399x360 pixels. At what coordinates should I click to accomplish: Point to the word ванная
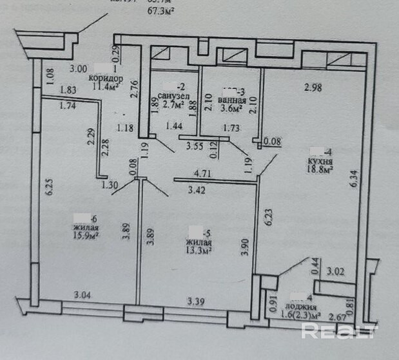pos(231,100)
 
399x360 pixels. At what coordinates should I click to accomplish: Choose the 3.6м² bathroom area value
pos(231,109)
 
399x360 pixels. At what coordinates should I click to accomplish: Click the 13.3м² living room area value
pos(197,250)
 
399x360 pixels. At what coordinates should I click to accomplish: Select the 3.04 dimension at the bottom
pos(82,296)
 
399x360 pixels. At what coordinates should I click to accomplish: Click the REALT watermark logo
pos(339,332)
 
